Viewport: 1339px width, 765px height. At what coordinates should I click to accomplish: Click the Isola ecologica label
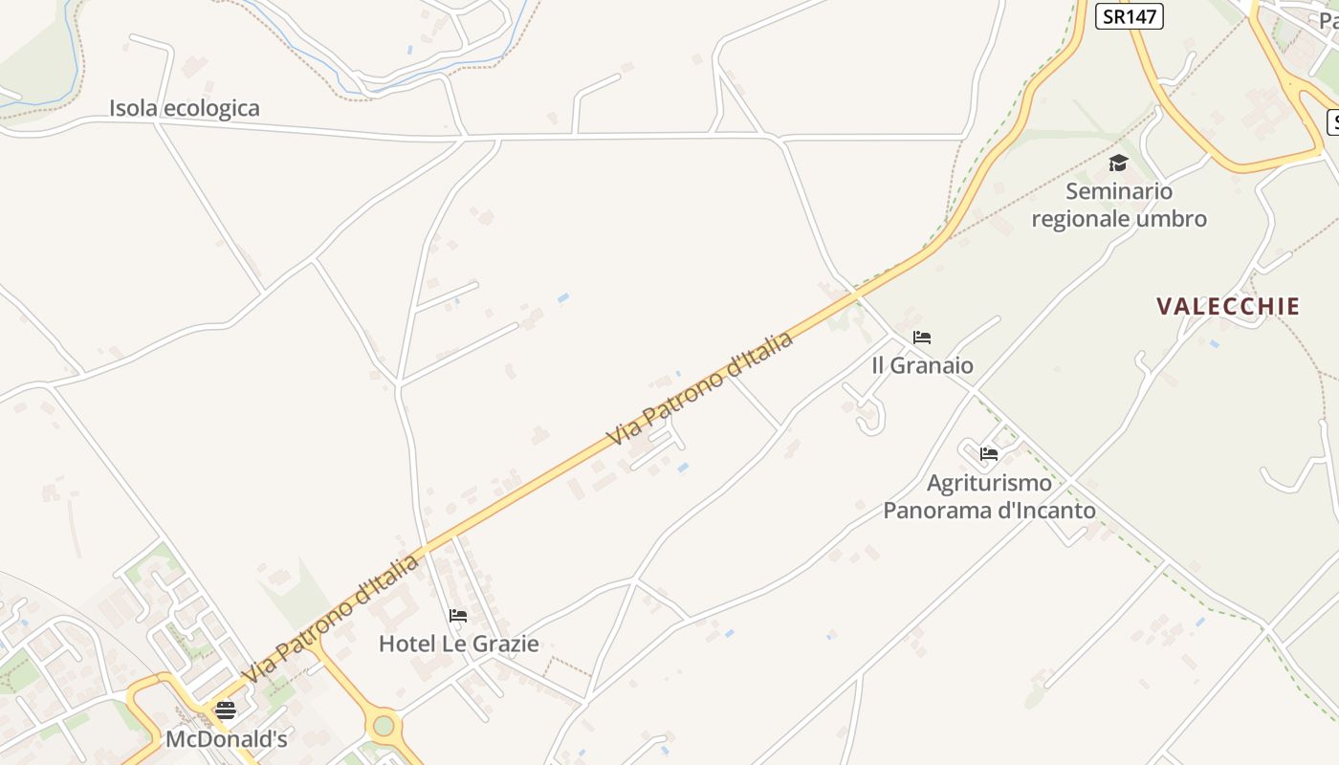(x=184, y=108)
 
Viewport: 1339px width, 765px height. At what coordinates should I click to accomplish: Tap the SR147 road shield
(x=1129, y=15)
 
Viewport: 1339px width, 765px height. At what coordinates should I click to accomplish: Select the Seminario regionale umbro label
(x=1119, y=205)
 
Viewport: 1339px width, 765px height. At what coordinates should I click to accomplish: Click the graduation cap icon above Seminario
(x=1118, y=163)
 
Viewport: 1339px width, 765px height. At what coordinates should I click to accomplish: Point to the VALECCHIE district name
(x=1228, y=306)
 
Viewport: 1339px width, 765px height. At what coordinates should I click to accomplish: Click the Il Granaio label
(x=922, y=365)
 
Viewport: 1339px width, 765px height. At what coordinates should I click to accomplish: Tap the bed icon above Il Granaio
(x=922, y=337)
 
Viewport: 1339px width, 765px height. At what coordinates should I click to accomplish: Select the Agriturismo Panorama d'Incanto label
(x=989, y=496)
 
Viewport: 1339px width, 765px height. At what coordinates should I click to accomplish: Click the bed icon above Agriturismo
(x=989, y=453)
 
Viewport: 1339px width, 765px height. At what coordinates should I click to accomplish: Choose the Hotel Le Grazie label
(x=458, y=644)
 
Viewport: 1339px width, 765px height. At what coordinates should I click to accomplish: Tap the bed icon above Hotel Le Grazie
(x=458, y=615)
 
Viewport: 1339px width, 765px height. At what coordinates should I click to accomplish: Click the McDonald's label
(x=227, y=739)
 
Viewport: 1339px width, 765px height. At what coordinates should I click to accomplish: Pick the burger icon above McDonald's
(x=226, y=710)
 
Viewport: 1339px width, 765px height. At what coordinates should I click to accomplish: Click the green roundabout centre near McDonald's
(x=384, y=725)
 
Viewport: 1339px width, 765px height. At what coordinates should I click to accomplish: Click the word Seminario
(x=1119, y=191)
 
